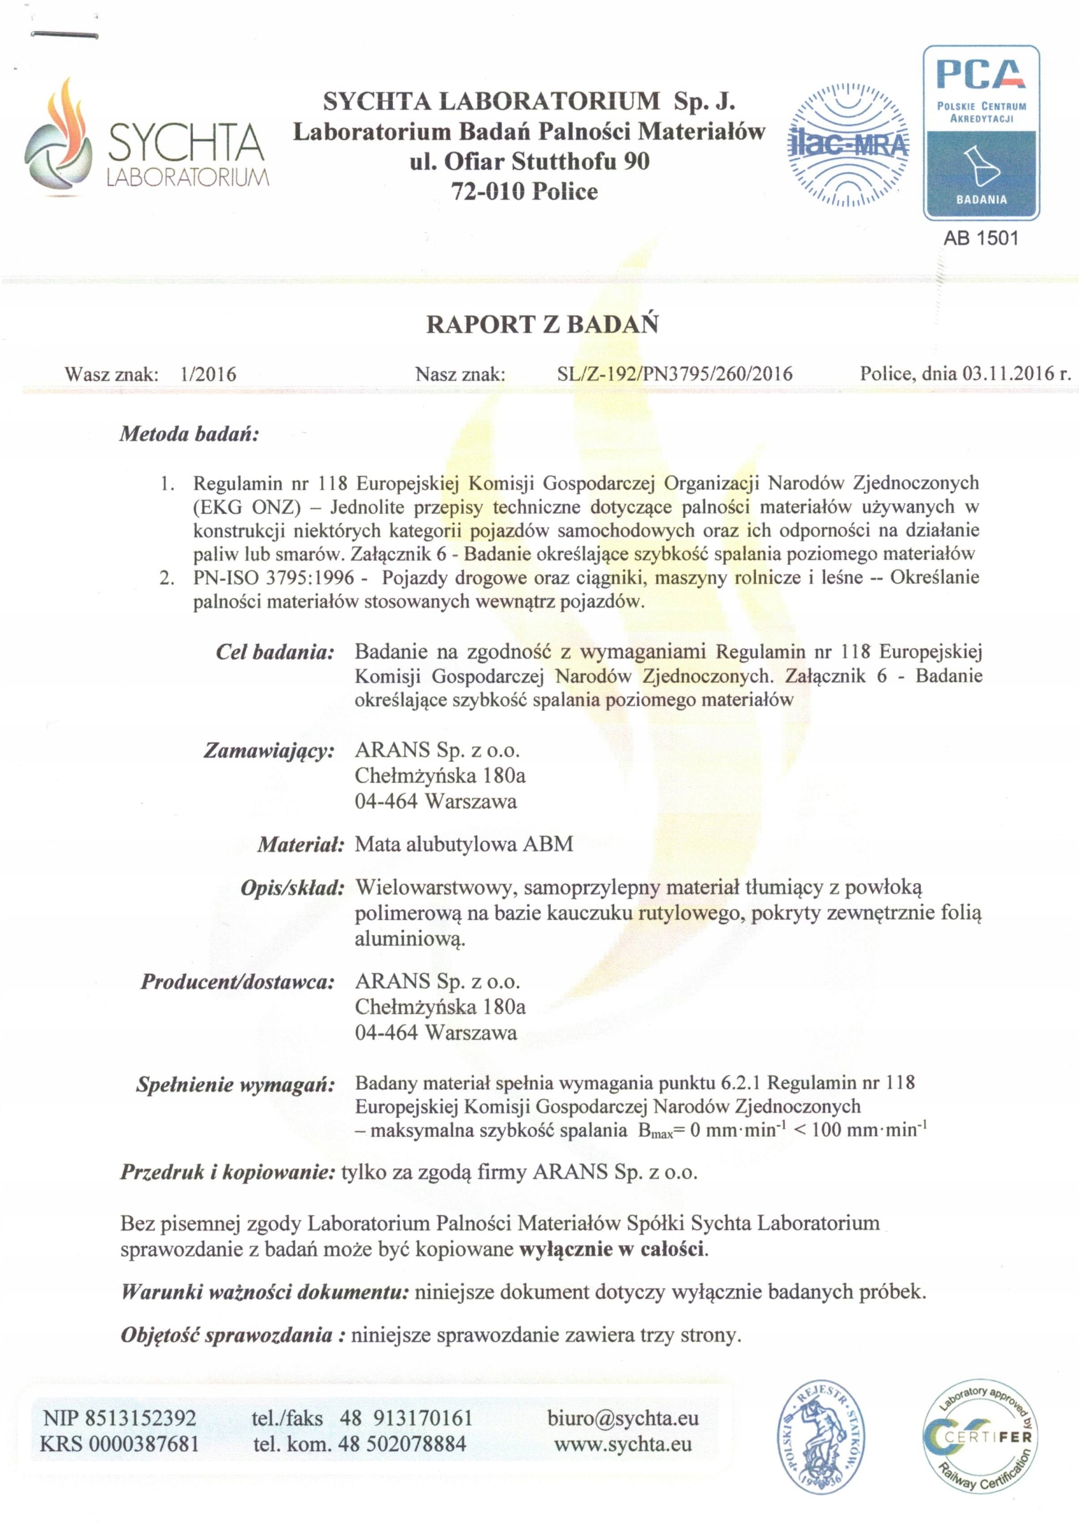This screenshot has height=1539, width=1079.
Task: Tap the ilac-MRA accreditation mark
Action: click(847, 145)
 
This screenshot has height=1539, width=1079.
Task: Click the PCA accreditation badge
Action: click(981, 133)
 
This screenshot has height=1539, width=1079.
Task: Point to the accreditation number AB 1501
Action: click(980, 238)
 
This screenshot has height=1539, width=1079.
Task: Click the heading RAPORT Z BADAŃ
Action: click(542, 325)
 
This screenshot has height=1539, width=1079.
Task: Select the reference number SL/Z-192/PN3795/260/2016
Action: click(674, 374)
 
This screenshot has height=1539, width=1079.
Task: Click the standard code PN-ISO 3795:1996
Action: click(274, 577)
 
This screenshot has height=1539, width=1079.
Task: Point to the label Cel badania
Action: click(275, 652)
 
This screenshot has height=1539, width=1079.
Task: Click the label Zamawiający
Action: click(269, 751)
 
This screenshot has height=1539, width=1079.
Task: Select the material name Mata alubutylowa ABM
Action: click(464, 844)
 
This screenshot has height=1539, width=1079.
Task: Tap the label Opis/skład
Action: click(292, 888)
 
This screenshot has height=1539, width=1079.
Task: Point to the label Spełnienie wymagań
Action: click(235, 1085)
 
